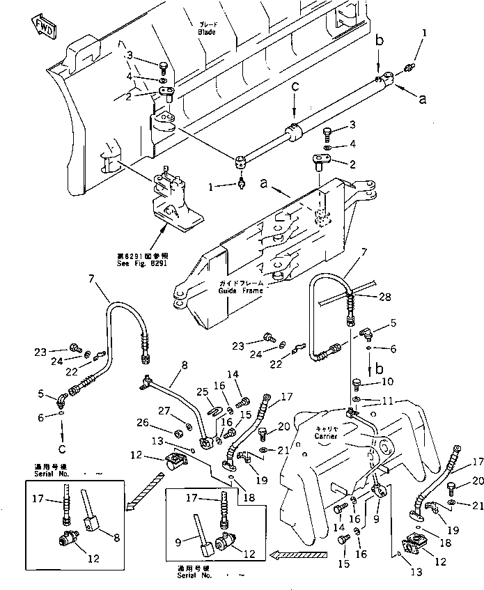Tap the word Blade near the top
(205, 32)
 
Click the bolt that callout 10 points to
(357, 382)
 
